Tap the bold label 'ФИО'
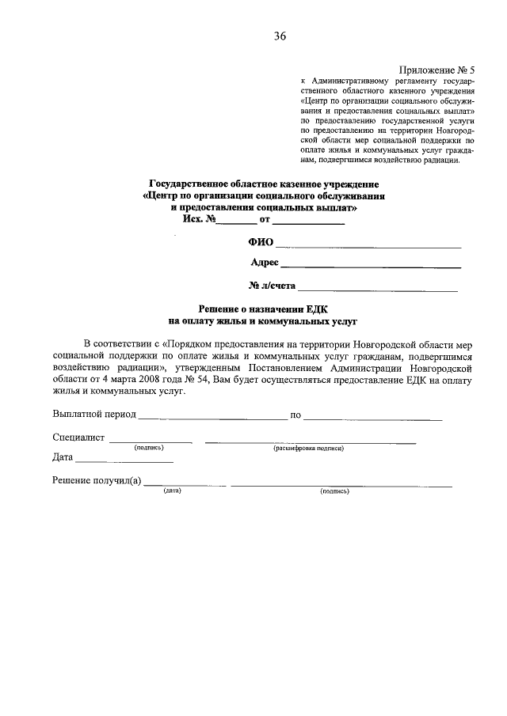click(x=261, y=242)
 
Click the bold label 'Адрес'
click(x=264, y=263)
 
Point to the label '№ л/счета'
click(x=272, y=285)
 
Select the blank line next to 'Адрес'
click(x=371, y=267)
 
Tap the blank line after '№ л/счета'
click(x=379, y=290)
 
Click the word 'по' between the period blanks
click(x=295, y=415)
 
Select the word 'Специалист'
click(x=78, y=438)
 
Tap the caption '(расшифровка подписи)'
click(x=309, y=448)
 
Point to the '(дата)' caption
click(x=173, y=491)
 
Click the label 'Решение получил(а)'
click(x=97, y=480)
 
